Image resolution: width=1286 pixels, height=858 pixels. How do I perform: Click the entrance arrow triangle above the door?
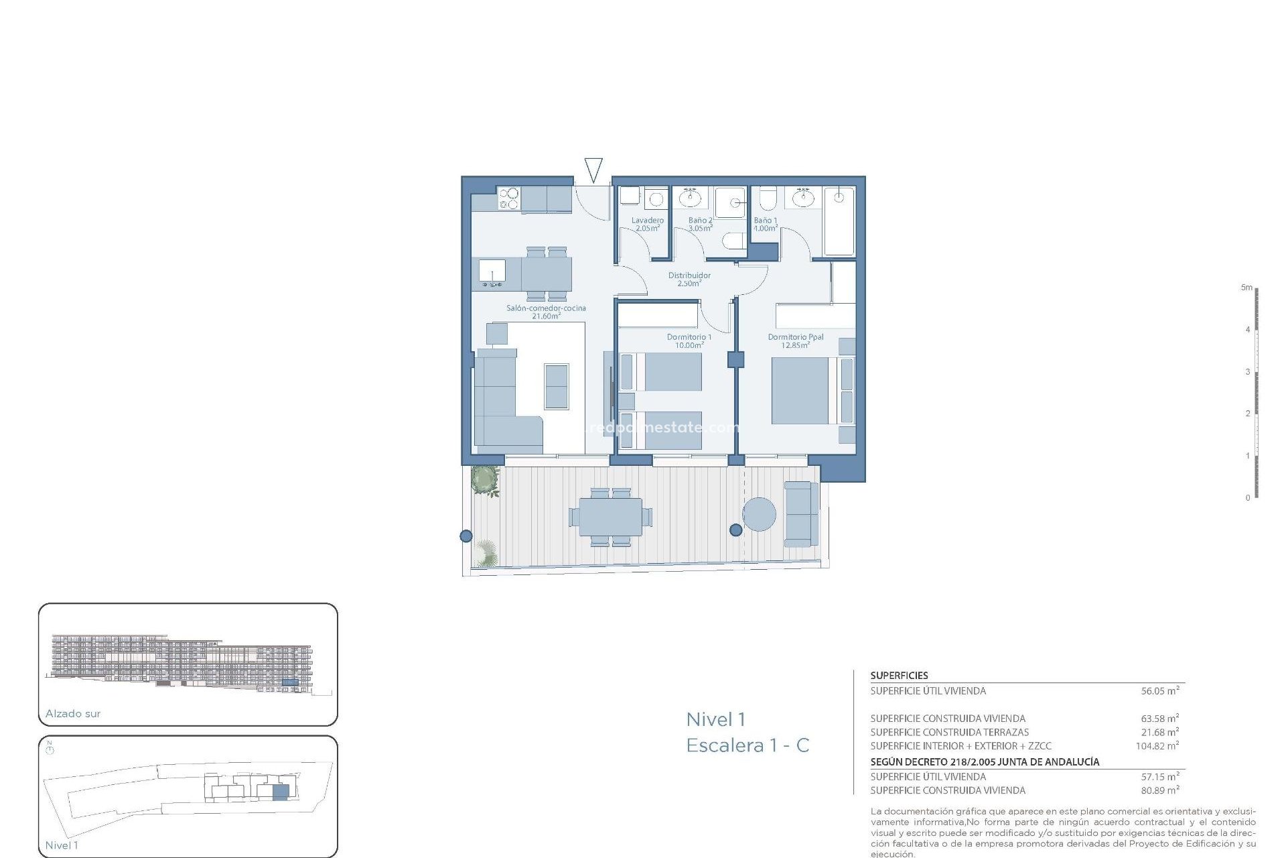(x=593, y=169)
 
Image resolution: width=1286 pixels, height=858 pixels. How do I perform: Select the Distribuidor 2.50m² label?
(x=689, y=280)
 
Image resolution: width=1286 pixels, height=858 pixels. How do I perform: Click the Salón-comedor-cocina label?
(x=546, y=312)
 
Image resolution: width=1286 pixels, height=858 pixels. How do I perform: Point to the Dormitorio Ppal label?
(x=796, y=341)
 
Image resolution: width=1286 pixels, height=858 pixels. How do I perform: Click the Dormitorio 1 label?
(x=689, y=341)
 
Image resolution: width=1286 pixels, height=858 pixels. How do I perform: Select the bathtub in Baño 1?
(x=839, y=221)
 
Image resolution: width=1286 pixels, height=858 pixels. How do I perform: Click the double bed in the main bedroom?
(x=800, y=391)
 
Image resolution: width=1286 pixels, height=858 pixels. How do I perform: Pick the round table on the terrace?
(x=759, y=514)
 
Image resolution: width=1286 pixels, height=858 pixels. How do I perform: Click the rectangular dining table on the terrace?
(x=610, y=517)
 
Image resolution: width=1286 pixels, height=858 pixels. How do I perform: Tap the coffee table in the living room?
(x=556, y=386)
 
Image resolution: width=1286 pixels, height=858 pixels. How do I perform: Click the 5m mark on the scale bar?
(x=1246, y=288)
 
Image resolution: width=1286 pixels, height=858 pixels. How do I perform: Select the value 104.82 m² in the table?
(x=1157, y=746)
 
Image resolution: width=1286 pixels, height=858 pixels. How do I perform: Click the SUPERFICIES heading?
(x=899, y=676)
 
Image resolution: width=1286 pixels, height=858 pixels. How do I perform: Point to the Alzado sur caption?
(x=73, y=714)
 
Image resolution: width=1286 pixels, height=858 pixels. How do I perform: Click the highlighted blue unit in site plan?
(x=281, y=792)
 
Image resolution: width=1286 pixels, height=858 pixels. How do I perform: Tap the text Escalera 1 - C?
(x=747, y=745)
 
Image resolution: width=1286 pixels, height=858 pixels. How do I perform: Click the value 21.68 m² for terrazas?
(x=1159, y=733)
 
